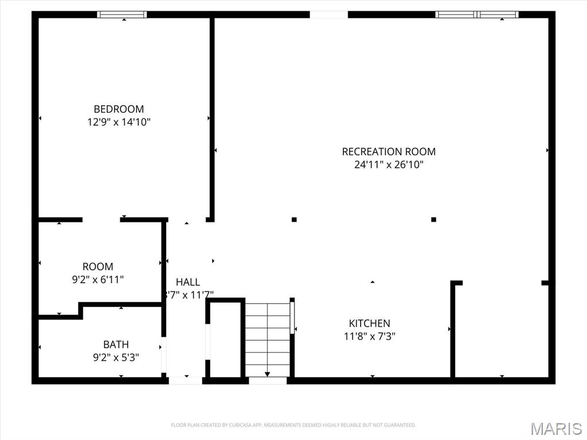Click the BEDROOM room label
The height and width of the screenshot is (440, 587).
(x=119, y=109)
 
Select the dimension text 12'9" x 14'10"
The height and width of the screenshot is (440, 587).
(x=119, y=122)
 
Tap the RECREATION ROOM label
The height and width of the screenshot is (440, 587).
(x=389, y=152)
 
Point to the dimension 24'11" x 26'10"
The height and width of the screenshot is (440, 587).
(x=389, y=165)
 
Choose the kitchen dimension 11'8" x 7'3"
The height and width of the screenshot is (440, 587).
(x=370, y=337)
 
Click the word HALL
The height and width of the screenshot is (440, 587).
(x=188, y=282)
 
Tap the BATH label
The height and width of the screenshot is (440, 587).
(x=116, y=344)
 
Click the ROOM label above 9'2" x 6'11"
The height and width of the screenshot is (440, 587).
(x=98, y=266)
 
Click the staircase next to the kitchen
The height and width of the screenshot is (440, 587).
(x=268, y=338)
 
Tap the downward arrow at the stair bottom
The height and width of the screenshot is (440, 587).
(x=267, y=374)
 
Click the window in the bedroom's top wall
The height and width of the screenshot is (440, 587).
(x=122, y=14)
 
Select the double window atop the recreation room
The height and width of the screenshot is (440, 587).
(x=477, y=14)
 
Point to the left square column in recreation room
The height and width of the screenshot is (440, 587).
(x=294, y=219)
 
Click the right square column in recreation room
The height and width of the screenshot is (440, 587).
(x=433, y=219)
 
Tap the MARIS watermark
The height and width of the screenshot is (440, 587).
(x=555, y=429)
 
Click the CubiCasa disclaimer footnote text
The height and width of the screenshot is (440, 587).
(x=293, y=425)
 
